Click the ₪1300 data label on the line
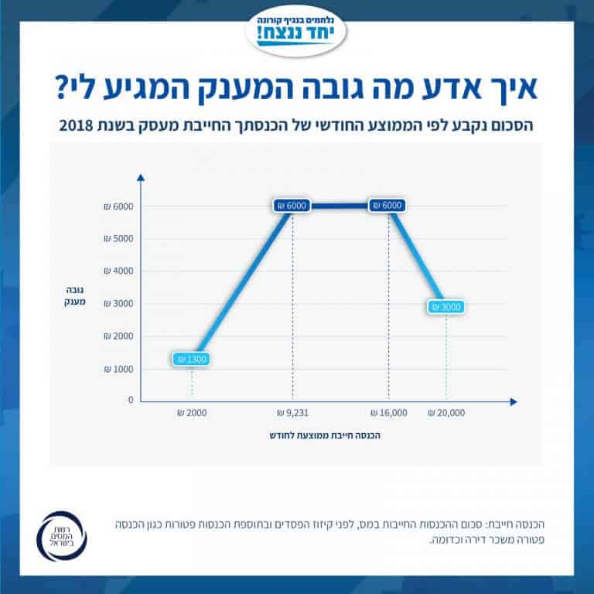click(x=192, y=359)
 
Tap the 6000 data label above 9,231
click(x=292, y=206)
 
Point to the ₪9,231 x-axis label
click(x=292, y=413)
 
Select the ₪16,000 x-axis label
click(x=389, y=413)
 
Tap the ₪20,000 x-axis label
click(x=446, y=413)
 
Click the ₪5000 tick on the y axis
click(x=118, y=239)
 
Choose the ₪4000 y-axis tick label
click(x=118, y=271)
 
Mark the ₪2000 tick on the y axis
click(x=118, y=336)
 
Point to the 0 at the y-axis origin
click(x=131, y=401)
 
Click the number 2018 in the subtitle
click(x=74, y=125)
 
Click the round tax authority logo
click(x=67, y=534)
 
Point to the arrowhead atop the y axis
click(x=140, y=179)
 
